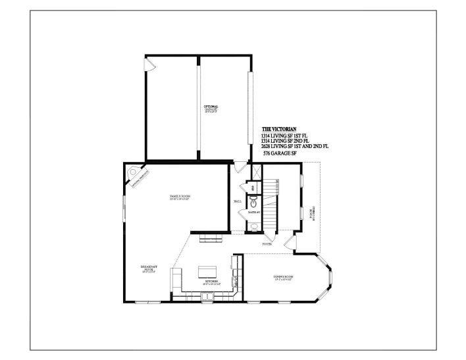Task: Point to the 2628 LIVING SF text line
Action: click(x=294, y=145)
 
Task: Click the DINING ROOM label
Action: click(x=283, y=278)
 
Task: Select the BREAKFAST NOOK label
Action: click(x=148, y=268)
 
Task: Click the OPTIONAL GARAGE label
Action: click(x=210, y=107)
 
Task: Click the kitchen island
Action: click(x=207, y=270)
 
